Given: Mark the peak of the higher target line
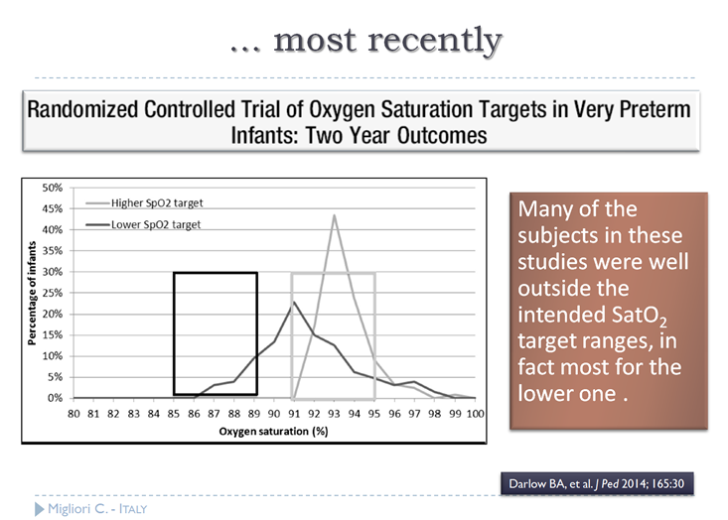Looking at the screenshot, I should tap(335, 215).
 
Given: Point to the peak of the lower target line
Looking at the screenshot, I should tap(294, 302).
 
